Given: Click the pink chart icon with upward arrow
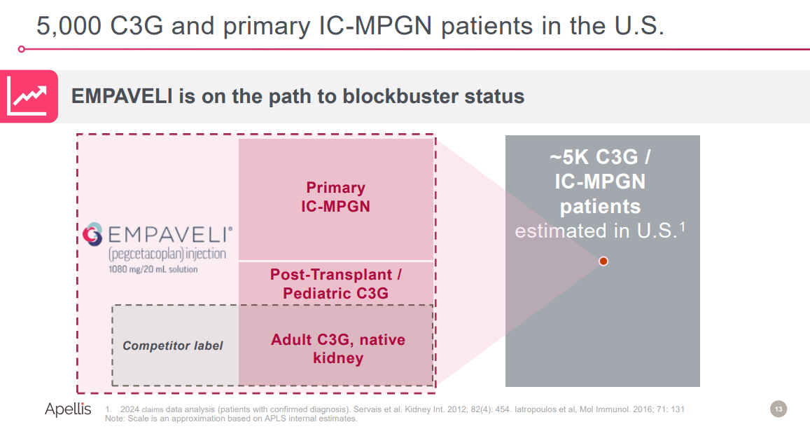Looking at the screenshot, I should coord(29,97).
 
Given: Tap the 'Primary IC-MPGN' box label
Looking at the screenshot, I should coord(335,197).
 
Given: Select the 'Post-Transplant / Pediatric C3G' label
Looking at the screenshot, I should coord(335,284).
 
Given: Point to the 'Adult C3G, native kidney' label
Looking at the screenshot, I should coord(337,349).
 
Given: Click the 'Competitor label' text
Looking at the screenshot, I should coord(173,346).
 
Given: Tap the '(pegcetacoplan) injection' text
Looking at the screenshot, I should coord(167,254).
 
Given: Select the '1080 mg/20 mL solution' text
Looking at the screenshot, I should coord(153,269).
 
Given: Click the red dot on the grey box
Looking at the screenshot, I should coord(603,261).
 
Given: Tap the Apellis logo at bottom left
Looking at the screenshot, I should coord(68,409).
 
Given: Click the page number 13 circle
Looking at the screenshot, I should coord(778,409).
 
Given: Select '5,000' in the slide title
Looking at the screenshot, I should coord(69,27).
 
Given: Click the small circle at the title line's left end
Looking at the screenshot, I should coord(22,49).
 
